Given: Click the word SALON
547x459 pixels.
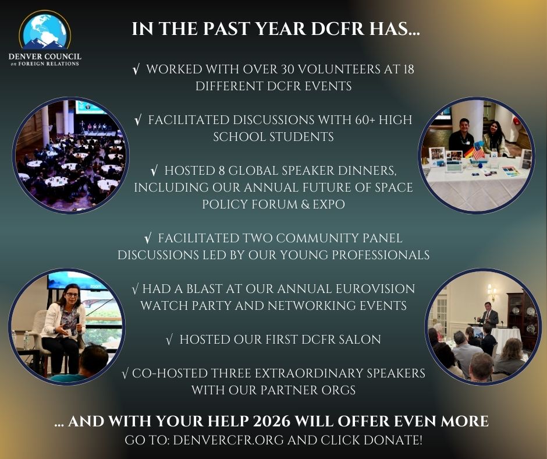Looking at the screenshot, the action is coord(359,340).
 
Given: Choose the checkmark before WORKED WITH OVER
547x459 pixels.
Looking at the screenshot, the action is coord(136,70).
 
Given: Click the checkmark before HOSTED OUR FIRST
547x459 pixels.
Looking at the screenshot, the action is coord(169,340).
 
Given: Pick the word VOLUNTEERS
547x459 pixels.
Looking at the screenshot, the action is coord(339,69).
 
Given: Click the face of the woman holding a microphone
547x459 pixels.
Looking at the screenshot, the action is coord(72,295).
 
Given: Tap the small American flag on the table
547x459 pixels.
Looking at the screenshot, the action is coord(478,150).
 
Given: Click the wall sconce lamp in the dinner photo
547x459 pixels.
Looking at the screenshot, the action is coord(492,292).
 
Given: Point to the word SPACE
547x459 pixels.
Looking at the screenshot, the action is coord(394,188).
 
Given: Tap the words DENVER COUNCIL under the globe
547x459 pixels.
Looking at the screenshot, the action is coord(45,57).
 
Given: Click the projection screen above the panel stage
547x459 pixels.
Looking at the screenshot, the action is coord(90,107).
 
